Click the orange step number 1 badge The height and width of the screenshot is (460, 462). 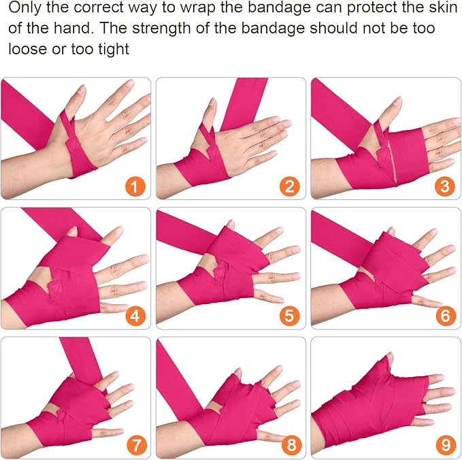(x=135, y=186)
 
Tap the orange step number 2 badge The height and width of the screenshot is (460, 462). (x=290, y=186)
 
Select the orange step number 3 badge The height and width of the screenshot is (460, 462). (x=444, y=186)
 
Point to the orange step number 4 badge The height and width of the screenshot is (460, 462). (x=135, y=316)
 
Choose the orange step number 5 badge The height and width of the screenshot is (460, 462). (x=290, y=316)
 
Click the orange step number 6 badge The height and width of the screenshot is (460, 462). (x=445, y=316)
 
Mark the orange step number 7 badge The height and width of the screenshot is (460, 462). (x=136, y=445)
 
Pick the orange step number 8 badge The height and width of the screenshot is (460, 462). (x=291, y=445)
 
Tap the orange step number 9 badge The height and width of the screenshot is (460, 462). (x=446, y=445)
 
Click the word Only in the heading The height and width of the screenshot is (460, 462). (x=24, y=8)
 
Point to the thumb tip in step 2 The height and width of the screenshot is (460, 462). (x=212, y=102)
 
